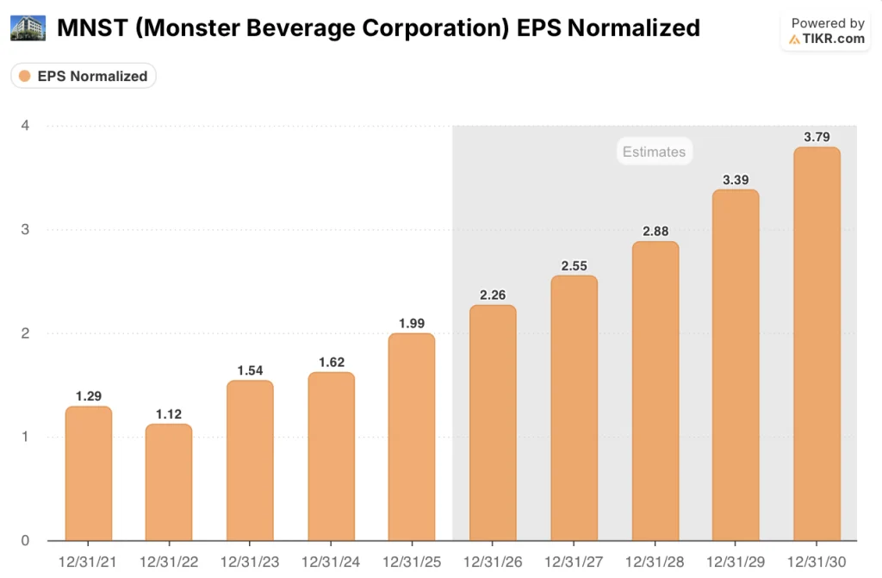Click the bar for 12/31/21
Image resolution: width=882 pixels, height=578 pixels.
click(89, 474)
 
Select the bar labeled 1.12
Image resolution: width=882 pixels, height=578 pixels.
click(169, 482)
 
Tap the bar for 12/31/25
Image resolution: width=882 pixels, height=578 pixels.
click(412, 438)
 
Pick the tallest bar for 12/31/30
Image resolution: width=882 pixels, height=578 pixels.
click(817, 345)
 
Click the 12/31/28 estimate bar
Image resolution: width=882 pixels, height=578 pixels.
click(655, 392)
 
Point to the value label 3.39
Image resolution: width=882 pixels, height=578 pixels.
click(736, 179)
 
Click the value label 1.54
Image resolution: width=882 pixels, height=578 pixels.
click(250, 370)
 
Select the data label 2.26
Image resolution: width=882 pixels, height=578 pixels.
click(493, 295)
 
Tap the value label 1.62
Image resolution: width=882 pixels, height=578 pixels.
click(331, 362)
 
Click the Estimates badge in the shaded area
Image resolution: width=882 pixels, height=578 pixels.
click(654, 152)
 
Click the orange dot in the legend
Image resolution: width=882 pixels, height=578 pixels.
click(25, 76)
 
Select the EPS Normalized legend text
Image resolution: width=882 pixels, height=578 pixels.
click(92, 76)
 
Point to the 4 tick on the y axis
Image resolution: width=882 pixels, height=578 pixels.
click(26, 126)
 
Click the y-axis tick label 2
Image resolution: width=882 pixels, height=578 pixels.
click(26, 333)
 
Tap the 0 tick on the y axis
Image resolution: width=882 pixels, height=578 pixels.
click(26, 541)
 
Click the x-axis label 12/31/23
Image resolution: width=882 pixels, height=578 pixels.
click(250, 562)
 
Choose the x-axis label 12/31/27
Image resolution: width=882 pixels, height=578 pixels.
click(574, 562)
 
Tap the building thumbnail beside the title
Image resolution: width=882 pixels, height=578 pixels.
click(28, 28)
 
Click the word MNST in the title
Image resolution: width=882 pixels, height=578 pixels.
click(92, 28)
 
